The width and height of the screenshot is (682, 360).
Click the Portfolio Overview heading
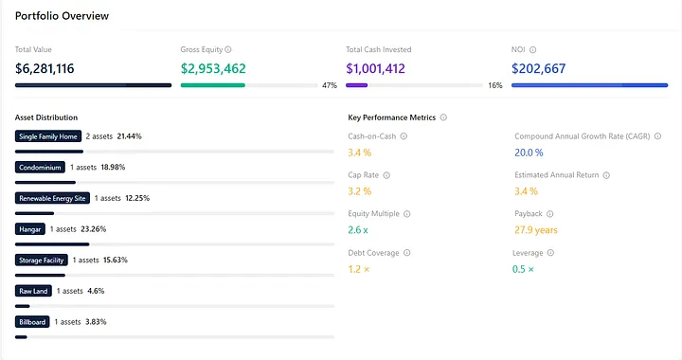(x=62, y=16)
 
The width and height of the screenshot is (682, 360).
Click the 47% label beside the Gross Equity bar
(x=330, y=85)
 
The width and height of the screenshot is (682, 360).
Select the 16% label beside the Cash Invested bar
(x=494, y=85)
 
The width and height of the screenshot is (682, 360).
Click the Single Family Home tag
(x=47, y=136)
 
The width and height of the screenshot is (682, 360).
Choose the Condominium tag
(x=40, y=167)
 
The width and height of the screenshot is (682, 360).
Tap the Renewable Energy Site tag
(x=54, y=198)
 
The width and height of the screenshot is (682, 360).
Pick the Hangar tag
(x=29, y=228)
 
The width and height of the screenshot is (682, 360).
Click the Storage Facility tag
(x=43, y=260)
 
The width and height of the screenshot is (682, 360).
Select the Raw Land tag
(x=33, y=291)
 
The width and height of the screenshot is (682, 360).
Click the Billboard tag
(x=33, y=321)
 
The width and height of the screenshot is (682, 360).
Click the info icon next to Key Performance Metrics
(x=444, y=117)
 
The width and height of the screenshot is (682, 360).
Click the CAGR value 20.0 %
(x=529, y=152)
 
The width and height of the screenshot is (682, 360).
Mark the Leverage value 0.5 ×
(x=525, y=269)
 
